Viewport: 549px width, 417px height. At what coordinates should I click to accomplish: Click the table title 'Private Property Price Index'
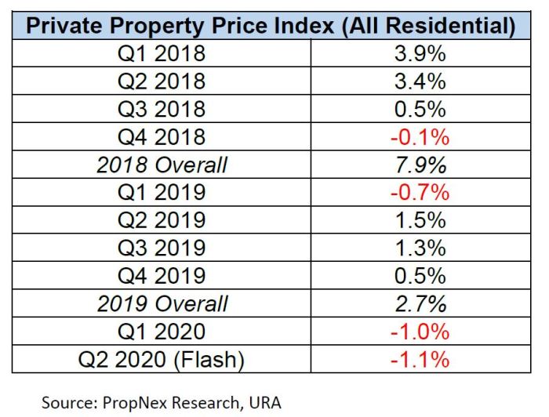coord(271,26)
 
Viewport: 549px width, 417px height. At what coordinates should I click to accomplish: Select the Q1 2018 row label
coord(162,54)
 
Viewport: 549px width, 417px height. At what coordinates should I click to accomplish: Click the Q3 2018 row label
coord(162,109)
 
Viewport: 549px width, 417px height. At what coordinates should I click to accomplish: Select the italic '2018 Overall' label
coord(162,165)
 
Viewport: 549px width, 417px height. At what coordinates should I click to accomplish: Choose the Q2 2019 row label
coord(162,220)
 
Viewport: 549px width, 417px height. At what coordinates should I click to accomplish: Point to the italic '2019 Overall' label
coord(162,303)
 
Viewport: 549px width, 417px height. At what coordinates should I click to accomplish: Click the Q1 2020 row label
coord(162,332)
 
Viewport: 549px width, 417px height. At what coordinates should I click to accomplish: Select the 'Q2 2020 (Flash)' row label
coord(162,360)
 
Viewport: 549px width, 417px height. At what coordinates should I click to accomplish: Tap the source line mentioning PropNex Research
coord(161,403)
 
